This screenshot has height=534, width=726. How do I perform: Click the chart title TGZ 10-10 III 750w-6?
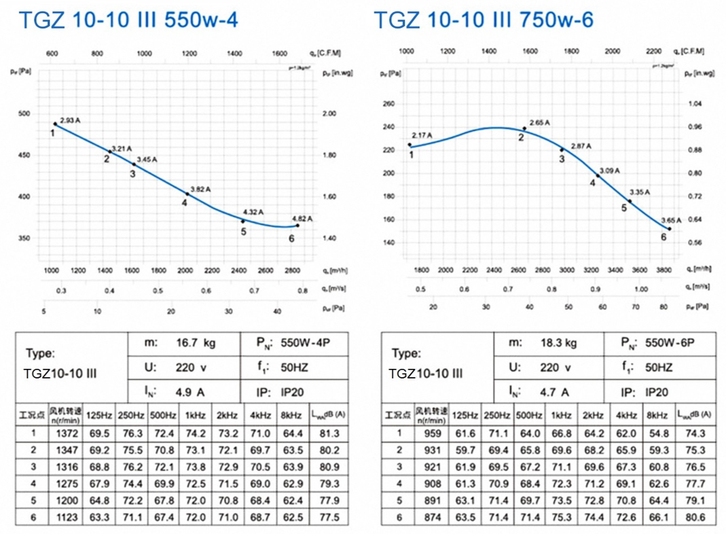coord(484,20)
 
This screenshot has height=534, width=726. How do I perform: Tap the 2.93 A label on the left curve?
coord(70,120)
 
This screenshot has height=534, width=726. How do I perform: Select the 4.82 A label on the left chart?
coord(302,219)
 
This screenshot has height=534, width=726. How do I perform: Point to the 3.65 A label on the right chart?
coord(670,220)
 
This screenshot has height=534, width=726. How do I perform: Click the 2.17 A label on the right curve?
coord(421,135)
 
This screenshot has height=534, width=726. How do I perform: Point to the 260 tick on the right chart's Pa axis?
coord(388,104)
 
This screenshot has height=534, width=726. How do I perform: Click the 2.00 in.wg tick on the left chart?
coord(329,113)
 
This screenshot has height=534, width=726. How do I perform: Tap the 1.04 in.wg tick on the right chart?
coord(695,104)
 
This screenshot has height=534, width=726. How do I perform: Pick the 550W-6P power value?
coord(672,344)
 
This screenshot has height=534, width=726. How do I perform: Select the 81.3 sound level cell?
coord(327,433)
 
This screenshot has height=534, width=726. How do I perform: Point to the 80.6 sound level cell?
coord(696,518)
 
